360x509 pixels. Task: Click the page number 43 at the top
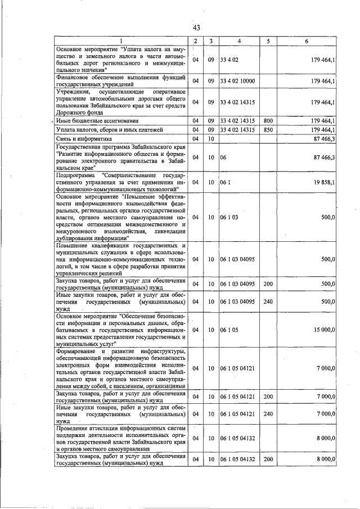point(196,27)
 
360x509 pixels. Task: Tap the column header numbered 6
point(306,41)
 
